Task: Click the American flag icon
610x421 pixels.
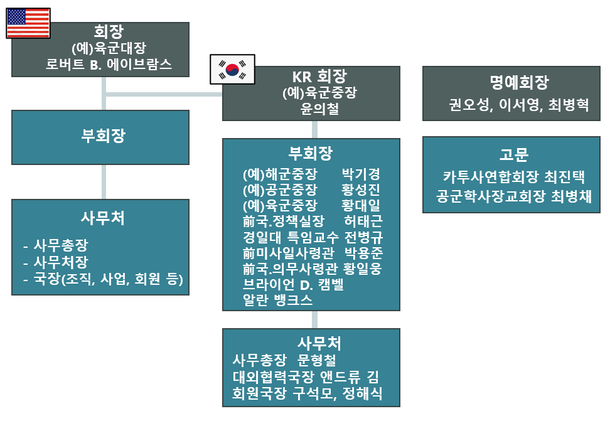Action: pyautogui.click(x=28, y=23)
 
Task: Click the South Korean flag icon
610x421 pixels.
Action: pyautogui.click(x=232, y=68)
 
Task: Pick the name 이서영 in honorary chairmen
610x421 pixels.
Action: pyautogui.click(x=518, y=105)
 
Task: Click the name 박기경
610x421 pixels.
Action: pyautogui.click(x=361, y=174)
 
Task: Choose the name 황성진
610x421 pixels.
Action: pyautogui.click(x=361, y=190)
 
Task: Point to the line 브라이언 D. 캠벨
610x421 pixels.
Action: pyautogui.click(x=293, y=285)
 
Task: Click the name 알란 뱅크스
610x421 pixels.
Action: pyautogui.click(x=278, y=301)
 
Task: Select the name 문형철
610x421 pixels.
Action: pyautogui.click(x=316, y=361)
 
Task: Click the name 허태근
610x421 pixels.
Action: pyautogui.click(x=364, y=221)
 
